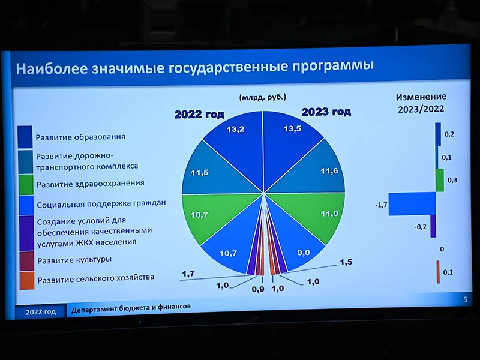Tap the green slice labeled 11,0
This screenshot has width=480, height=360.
[319, 214]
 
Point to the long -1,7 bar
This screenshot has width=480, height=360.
[412, 204]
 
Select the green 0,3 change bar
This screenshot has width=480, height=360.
[440, 181]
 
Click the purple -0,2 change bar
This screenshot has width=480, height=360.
[433, 226]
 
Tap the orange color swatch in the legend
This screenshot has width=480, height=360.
[27, 281]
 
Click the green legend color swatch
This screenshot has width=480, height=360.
[26, 185]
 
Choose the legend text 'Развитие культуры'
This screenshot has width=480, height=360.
[74, 260]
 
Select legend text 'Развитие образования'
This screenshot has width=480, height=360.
[80, 137]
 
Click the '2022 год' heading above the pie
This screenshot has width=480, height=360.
[199, 115]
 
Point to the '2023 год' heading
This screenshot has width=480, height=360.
[326, 112]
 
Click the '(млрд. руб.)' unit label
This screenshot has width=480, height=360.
[263, 98]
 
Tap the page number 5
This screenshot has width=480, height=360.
[466, 299]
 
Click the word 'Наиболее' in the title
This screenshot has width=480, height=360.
[52, 68]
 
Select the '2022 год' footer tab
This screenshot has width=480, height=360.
[40, 311]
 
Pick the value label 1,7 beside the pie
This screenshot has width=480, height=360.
[188, 274]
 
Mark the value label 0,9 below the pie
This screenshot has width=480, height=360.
[258, 289]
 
